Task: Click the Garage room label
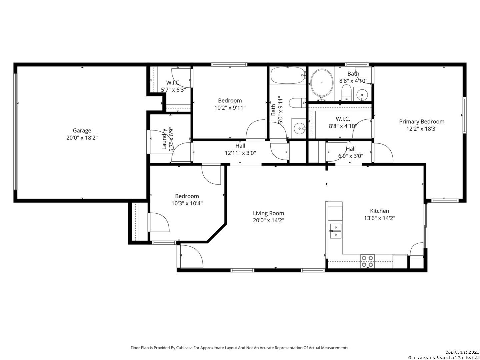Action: pos(82,130)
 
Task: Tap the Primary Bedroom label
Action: pos(422,122)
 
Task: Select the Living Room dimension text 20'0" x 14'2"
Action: pos(268,220)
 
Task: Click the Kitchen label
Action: pos(379,211)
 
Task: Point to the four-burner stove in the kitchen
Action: pos(367,261)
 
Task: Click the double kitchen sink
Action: pos(335,231)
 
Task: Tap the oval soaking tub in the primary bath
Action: pos(322,83)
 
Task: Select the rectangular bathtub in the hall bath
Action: pos(288,75)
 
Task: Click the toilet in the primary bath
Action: pos(346,93)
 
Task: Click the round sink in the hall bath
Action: pos(299,128)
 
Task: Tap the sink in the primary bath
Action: pos(362,94)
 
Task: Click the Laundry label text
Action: pos(164,139)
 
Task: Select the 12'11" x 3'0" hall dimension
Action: pos(240,153)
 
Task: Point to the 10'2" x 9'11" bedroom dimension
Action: pos(230,108)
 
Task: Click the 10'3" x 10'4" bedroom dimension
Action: pos(187,203)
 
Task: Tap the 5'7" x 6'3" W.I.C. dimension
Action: pos(173,90)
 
